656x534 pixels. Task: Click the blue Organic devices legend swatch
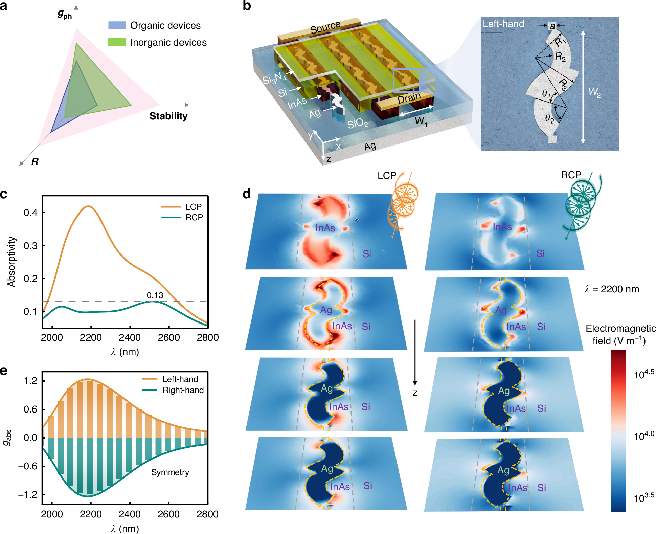(117, 25)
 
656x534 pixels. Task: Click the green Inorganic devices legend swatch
(117, 42)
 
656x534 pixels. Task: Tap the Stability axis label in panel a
(168, 116)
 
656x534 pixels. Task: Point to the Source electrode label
(325, 27)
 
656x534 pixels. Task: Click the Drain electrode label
(409, 98)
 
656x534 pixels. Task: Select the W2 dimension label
(594, 92)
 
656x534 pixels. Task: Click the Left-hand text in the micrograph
(503, 24)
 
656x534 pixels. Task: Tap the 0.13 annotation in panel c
(155, 295)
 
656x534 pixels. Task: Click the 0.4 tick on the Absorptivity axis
(30, 213)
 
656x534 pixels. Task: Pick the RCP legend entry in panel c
(194, 217)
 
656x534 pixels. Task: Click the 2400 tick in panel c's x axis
(130, 337)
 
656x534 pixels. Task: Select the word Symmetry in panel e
(170, 472)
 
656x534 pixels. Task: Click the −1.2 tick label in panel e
(28, 494)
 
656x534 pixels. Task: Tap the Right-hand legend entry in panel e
(183, 390)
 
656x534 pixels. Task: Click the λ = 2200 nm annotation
(612, 289)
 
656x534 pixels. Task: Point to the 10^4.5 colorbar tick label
(644, 374)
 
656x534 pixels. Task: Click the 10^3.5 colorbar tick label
(644, 498)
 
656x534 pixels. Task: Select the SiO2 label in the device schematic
(358, 123)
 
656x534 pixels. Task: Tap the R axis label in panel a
(35, 162)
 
